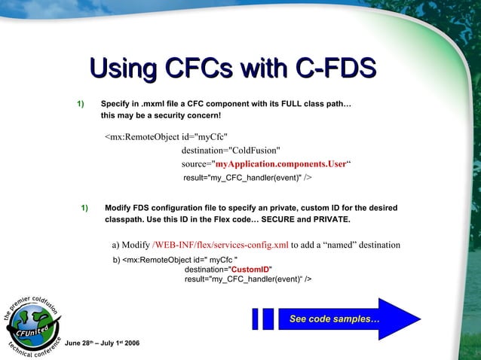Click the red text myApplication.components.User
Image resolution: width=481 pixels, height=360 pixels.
pos(280,163)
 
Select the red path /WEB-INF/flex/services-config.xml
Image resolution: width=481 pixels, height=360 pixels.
pos(220,245)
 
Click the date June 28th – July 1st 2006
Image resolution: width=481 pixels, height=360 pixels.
pos(102,343)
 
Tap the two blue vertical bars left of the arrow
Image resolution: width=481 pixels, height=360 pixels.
pos(263,319)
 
